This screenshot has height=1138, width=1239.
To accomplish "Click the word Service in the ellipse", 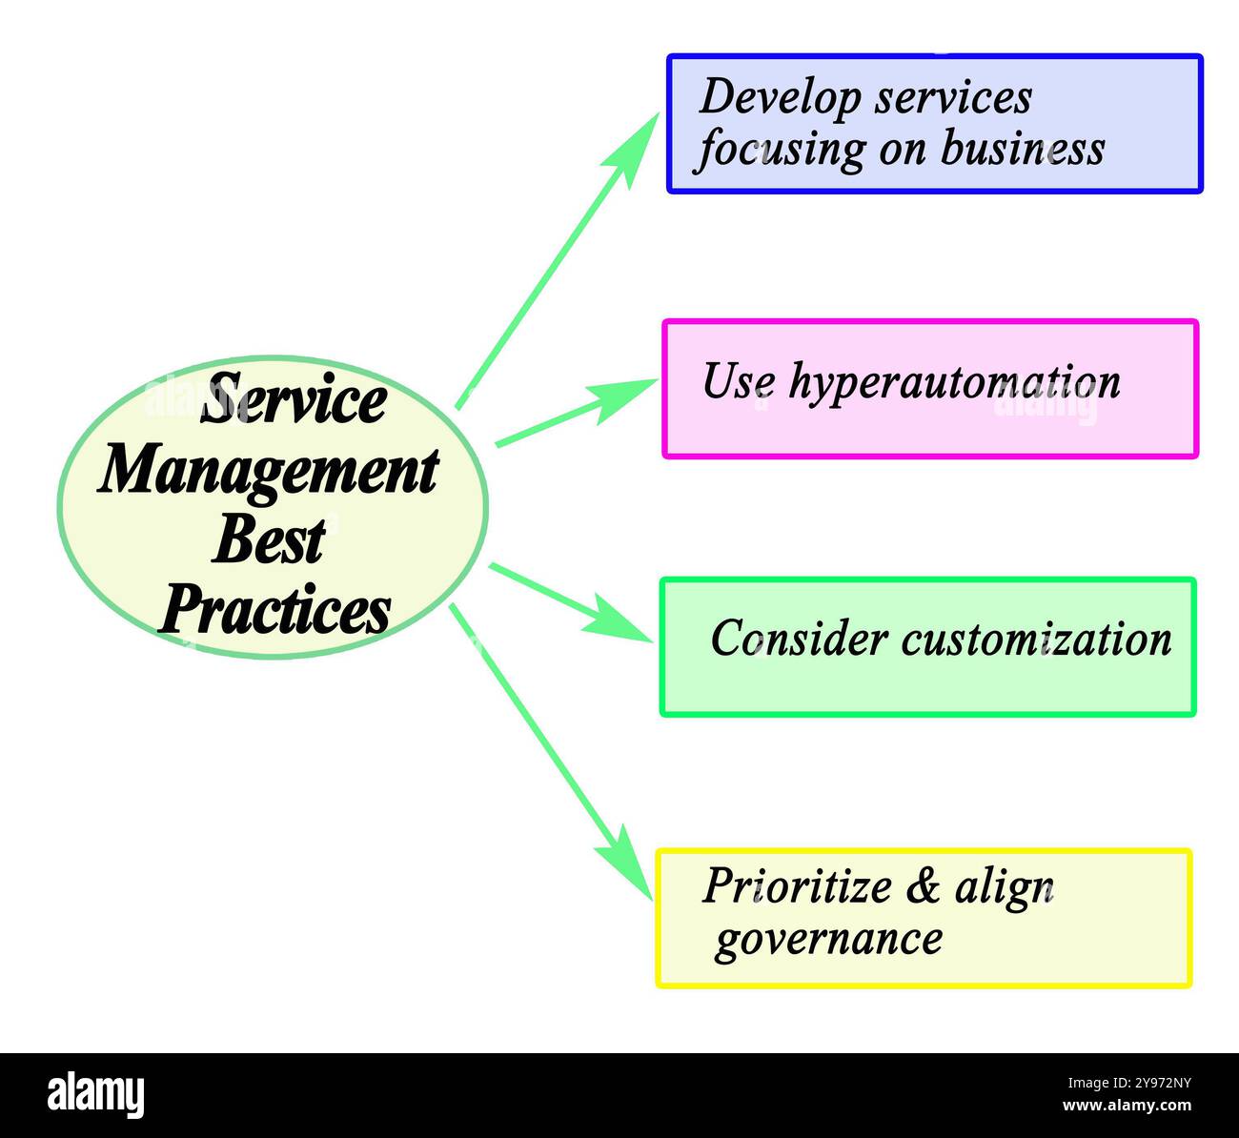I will pos(293,401).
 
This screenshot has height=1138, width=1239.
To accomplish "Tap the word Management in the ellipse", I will pos(268,471).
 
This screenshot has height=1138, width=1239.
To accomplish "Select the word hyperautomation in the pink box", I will pos(954,382).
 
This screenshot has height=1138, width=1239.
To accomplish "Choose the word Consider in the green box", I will pos(799,639).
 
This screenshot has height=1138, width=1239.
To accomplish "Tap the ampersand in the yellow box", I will pos(923,886).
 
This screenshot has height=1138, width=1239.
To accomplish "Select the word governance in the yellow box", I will pos(828,939).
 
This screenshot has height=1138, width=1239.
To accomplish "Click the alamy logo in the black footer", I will pos(96,1094).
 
